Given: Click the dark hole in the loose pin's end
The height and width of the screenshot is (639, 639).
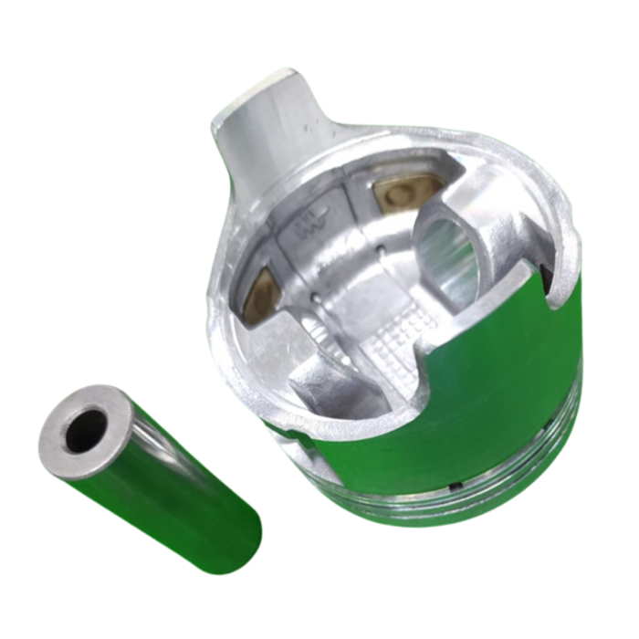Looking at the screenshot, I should pos(86,431).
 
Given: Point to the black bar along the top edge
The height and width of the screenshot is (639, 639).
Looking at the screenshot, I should pos(319,26).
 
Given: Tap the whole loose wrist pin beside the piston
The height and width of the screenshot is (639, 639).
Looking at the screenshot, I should pos(151,470).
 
